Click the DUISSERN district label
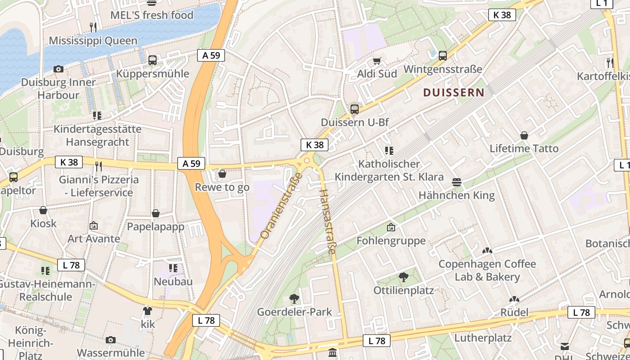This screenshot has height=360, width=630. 454,93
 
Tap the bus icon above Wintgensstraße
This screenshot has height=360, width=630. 443,56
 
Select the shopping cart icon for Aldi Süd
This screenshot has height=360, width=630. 377,61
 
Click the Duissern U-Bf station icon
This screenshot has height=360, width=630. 355,109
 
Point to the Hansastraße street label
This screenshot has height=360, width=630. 327,221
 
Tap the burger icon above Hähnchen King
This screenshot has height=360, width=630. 457,182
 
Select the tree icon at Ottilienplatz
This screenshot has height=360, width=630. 404,277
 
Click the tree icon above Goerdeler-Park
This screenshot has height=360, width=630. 294,298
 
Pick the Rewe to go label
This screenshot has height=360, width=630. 222,187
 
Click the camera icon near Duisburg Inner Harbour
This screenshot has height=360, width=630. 58,69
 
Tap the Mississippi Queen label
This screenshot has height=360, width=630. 93,41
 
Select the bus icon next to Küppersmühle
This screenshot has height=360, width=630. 153,60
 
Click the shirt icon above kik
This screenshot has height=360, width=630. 148,310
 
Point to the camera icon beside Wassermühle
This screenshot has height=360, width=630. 111,340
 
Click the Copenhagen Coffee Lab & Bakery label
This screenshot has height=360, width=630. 487,270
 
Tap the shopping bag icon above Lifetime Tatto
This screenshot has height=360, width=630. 524,135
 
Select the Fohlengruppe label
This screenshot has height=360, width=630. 391,241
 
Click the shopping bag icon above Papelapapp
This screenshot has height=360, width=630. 156,213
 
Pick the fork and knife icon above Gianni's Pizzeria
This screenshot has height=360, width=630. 99,166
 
